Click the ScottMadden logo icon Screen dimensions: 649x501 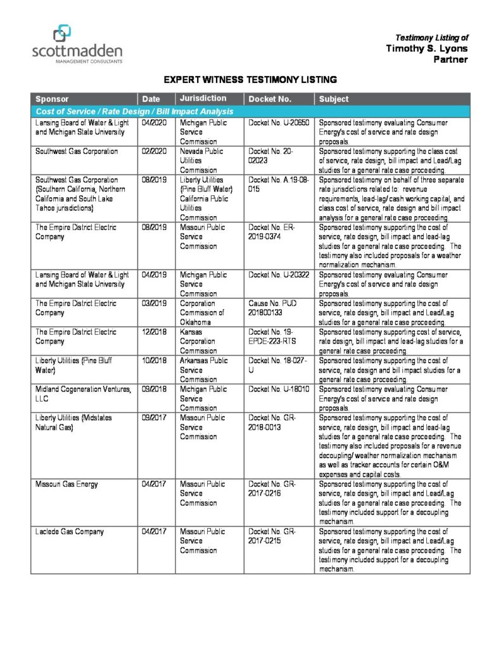pyautogui.click(x=62, y=32)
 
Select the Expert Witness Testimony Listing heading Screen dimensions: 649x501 pyautogui.click(x=250, y=80)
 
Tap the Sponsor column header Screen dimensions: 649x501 pyautogui.click(x=52, y=99)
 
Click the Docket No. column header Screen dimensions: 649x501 pyautogui.click(x=270, y=99)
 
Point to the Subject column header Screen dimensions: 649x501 pyautogui.click(x=334, y=99)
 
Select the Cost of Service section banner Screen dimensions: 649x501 pyautogui.click(x=135, y=112)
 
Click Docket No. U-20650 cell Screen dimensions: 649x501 pyautogui.click(x=278, y=123)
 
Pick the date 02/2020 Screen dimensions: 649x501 pyautogui.click(x=155, y=151)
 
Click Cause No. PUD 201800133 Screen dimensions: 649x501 pyautogui.click(x=272, y=308)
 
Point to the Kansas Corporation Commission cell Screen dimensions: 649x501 pyautogui.click(x=198, y=341)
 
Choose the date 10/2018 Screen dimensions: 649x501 pyautogui.click(x=155, y=361)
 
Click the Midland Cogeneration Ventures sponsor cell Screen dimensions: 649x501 pyautogui.click(x=83, y=394)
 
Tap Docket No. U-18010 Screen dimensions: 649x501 pyautogui.click(x=278, y=389)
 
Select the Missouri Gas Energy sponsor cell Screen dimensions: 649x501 pyautogui.click(x=67, y=484)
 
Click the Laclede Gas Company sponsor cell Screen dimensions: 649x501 pyautogui.click(x=70, y=532)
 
